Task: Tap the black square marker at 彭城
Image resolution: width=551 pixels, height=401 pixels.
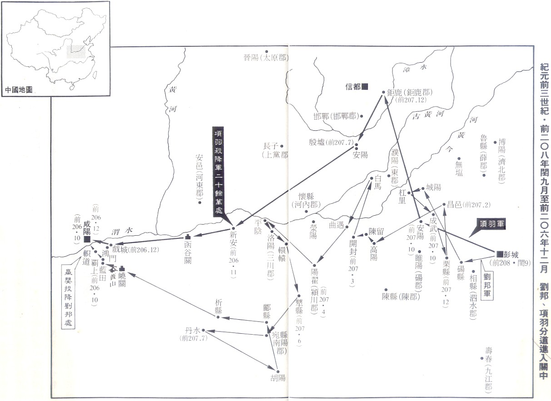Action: coord(499,253)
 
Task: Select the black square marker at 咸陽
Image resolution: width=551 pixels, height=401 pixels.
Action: coord(86,239)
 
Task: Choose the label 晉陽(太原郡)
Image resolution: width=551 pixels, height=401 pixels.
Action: coord(266,58)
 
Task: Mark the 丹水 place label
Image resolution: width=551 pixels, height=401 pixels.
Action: coord(191,331)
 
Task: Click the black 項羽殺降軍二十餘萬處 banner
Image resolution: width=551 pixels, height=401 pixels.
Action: coord(218,172)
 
